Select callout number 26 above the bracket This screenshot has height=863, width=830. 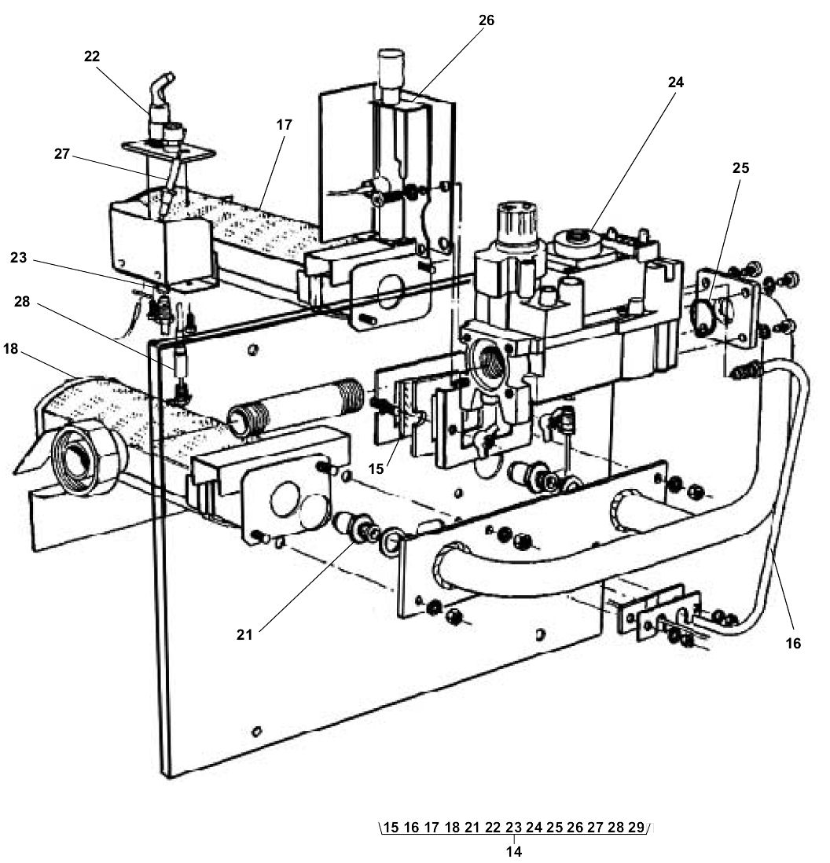(487, 20)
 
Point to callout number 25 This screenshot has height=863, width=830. (740, 168)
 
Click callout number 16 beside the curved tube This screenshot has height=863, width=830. (793, 643)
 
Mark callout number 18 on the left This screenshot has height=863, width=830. (10, 351)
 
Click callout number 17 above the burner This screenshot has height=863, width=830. (284, 124)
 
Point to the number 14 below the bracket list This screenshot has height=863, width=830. (514, 850)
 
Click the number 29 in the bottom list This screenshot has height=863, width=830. (636, 827)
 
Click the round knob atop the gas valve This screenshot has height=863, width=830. (515, 222)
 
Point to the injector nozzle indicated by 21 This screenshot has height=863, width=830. (360, 530)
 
